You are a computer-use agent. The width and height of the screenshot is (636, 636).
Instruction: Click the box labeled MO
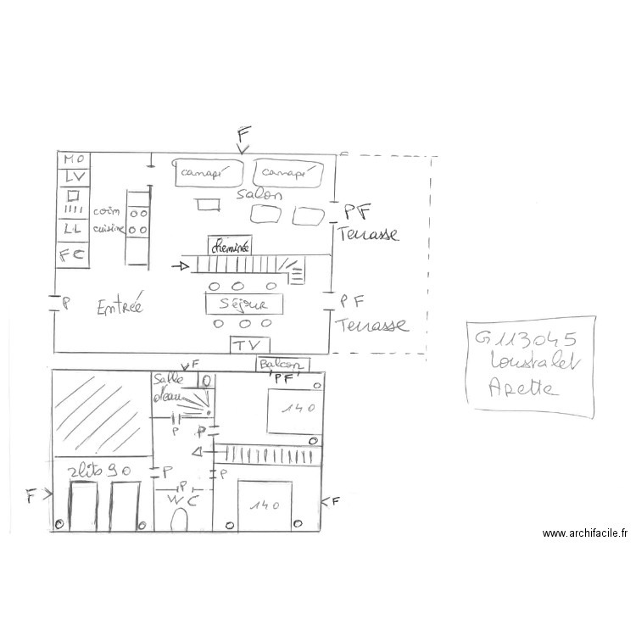[73, 159]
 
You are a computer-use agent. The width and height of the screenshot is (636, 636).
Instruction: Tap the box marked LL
[73, 229]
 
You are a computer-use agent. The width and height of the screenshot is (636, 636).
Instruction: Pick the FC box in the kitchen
[73, 254]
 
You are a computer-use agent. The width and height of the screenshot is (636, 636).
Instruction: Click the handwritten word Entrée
[119, 306]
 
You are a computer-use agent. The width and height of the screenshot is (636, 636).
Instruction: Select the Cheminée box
[230, 245]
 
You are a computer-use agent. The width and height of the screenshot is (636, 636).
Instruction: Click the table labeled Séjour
[243, 304]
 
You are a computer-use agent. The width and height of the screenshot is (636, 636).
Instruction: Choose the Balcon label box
[283, 364]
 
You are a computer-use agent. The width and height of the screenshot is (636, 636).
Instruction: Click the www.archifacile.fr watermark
[585, 533]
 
